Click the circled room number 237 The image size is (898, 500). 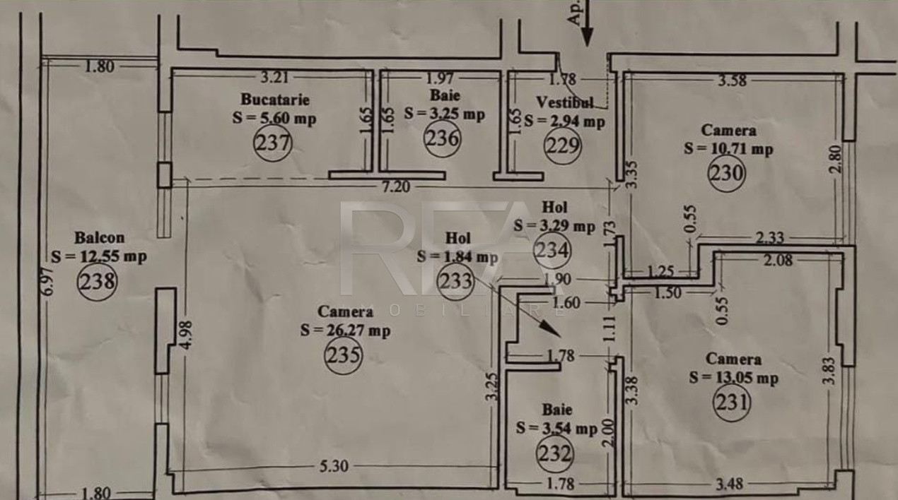(273, 143)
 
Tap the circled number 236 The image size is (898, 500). (442, 138)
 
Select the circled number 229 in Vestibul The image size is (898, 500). (562, 145)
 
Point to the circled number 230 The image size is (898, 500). (726, 173)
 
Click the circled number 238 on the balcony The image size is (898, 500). (97, 281)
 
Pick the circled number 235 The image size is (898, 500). (344, 355)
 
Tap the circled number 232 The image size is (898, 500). (555, 453)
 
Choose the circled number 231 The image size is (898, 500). (732, 403)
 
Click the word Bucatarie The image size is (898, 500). (275, 100)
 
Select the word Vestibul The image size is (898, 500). (565, 103)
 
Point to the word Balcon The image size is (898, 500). (100, 238)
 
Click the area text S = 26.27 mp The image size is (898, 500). (345, 331)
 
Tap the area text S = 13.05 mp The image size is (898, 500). (734, 378)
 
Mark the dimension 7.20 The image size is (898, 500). (396, 187)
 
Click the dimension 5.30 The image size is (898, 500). (334, 466)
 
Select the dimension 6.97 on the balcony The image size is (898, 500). (47, 281)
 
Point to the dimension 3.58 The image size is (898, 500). (732, 81)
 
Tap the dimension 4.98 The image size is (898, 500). (187, 335)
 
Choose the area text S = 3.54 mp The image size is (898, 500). (557, 429)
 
